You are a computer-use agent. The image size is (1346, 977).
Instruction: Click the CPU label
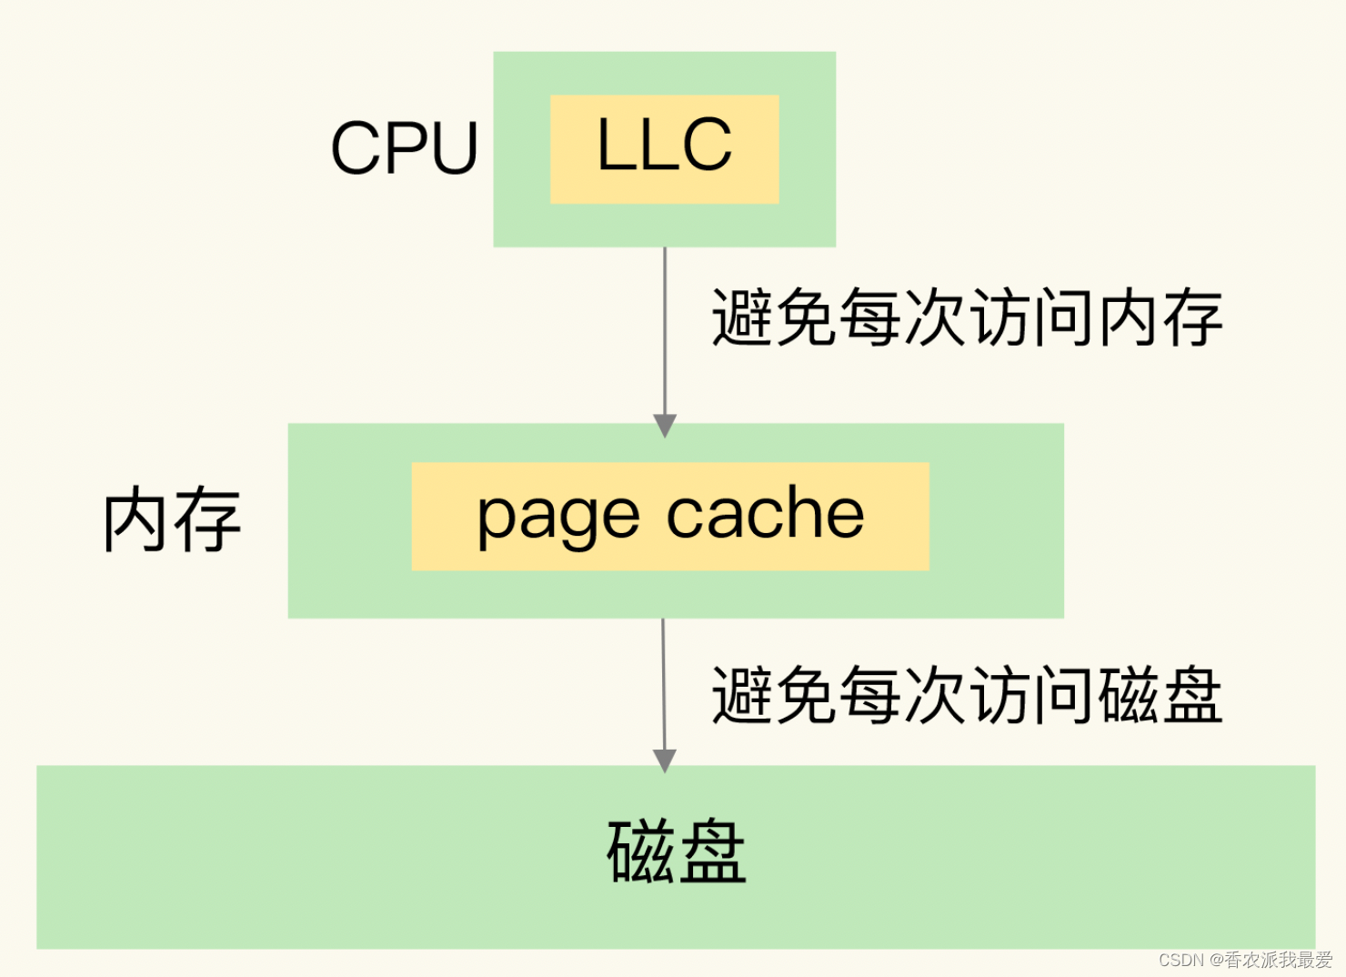click(404, 148)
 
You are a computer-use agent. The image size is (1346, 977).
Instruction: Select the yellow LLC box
click(664, 149)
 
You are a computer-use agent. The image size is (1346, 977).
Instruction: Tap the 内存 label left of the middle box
click(172, 519)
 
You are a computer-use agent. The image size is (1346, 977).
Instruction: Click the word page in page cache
click(558, 517)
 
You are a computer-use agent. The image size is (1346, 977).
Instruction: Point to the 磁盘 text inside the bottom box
click(676, 852)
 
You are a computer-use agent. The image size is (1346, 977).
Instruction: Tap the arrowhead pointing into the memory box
click(665, 426)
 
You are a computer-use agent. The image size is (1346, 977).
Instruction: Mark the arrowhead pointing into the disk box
click(665, 760)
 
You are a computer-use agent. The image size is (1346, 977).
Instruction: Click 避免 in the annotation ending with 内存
click(773, 317)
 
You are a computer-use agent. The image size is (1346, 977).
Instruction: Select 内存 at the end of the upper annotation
click(1160, 317)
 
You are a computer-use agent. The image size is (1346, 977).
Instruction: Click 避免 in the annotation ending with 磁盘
click(773, 695)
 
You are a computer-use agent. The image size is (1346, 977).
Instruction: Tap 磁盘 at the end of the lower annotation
click(1160, 695)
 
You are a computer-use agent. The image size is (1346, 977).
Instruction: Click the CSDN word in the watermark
click(1180, 961)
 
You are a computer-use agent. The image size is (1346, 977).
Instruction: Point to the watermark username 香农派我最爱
click(1279, 961)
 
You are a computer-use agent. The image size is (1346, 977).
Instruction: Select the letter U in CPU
click(454, 148)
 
